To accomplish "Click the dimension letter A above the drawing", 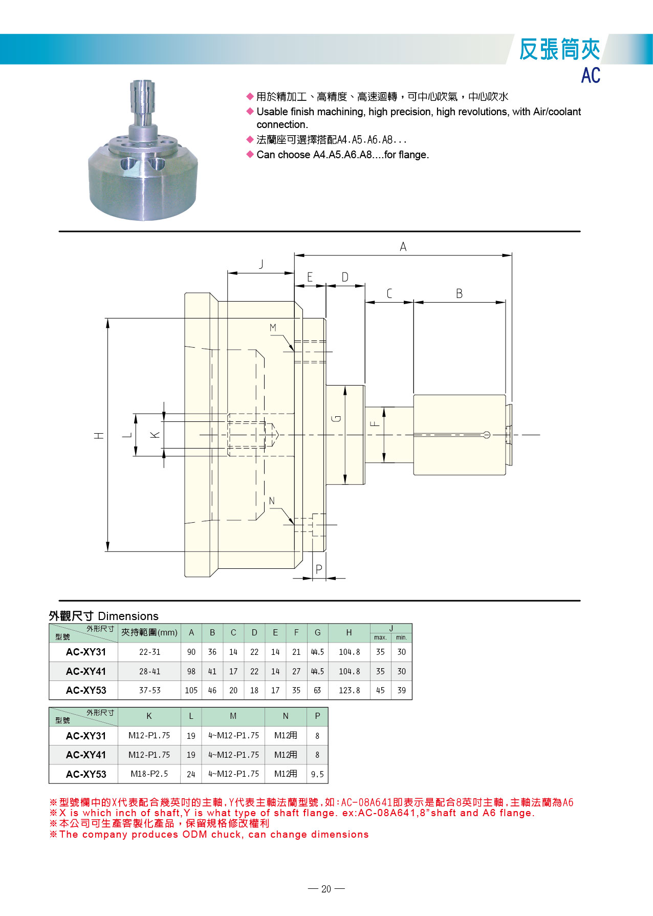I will click(x=403, y=247).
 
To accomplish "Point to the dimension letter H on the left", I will click(x=99, y=435).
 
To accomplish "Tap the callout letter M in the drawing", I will click(x=273, y=328).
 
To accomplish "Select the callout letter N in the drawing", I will click(x=272, y=501).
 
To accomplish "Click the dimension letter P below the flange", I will click(x=319, y=569).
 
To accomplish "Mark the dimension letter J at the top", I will click(x=261, y=264).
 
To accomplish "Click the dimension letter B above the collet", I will click(x=459, y=294).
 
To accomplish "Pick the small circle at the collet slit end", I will click(x=487, y=435).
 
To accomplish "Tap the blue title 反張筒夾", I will click(x=559, y=50).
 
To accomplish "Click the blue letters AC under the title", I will click(x=590, y=76).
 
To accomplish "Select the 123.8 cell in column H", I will click(x=349, y=690).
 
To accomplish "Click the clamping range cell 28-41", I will click(x=149, y=671).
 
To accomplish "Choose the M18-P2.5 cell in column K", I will click(x=149, y=774).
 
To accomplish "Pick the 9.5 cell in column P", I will click(x=317, y=774).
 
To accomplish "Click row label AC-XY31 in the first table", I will click(x=85, y=652).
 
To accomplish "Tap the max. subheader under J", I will click(x=380, y=637).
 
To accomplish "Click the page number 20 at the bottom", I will click(x=326, y=889).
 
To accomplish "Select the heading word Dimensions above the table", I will click(x=128, y=616).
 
